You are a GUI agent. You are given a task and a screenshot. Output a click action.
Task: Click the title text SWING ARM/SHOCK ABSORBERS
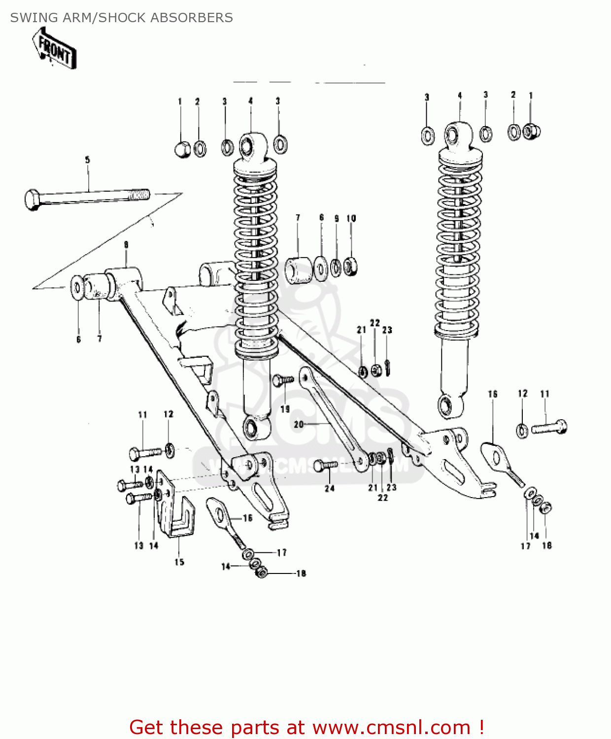121,18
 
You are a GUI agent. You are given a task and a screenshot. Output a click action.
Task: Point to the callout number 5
87,160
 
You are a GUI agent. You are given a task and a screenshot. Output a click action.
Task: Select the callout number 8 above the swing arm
126,244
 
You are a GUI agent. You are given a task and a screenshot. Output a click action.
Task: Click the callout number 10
351,218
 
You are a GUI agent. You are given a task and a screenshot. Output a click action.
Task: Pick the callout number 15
179,562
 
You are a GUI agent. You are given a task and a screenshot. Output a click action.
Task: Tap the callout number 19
285,409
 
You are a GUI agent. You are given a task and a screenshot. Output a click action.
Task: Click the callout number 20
299,424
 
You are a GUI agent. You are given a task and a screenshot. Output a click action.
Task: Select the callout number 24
330,488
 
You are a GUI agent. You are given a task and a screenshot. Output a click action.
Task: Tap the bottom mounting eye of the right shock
449,406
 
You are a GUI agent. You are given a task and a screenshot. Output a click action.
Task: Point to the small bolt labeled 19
283,380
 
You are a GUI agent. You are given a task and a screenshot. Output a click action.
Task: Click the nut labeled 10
350,267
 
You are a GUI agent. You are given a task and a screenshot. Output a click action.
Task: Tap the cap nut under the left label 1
182,148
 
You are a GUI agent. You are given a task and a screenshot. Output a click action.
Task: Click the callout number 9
337,218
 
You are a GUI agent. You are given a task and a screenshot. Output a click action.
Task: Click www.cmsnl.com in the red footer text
391,727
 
